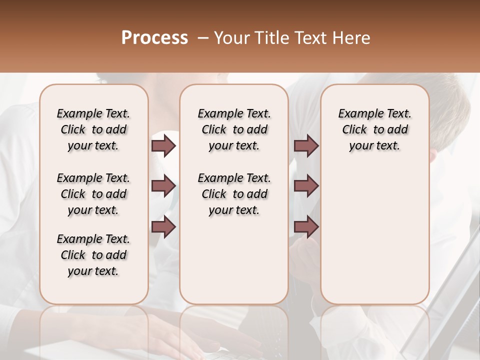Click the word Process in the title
[154, 37]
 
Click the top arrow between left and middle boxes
[163, 145]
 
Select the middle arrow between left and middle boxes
[163, 186]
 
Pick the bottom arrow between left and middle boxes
[163, 227]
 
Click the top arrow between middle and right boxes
[306, 145]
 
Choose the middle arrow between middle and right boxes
[306, 186]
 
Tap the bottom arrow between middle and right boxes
[306, 227]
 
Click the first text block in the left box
[93, 129]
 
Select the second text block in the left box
[93, 194]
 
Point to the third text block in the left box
[93, 255]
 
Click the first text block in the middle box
[234, 129]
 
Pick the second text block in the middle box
[234, 194]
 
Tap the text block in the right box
[375, 129]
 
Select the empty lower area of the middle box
[234, 260]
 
